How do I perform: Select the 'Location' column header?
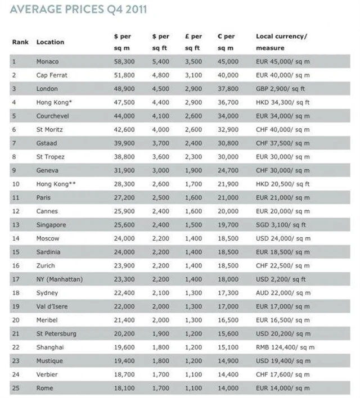click(50, 42)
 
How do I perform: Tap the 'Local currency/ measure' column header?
click(282, 42)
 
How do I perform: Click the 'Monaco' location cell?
click(47, 61)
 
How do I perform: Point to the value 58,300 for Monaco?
click(124, 61)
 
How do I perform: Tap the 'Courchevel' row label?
click(53, 116)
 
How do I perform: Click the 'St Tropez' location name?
click(50, 156)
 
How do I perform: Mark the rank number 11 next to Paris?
click(16, 197)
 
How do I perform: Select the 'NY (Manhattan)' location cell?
click(59, 279)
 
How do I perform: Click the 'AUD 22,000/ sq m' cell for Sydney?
click(283, 292)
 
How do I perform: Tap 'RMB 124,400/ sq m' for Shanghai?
click(285, 347)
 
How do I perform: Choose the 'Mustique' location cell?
click(49, 360)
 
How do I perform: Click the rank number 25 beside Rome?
click(16, 387)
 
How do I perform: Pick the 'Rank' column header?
click(20, 42)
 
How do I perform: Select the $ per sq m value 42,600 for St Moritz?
click(124, 129)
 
